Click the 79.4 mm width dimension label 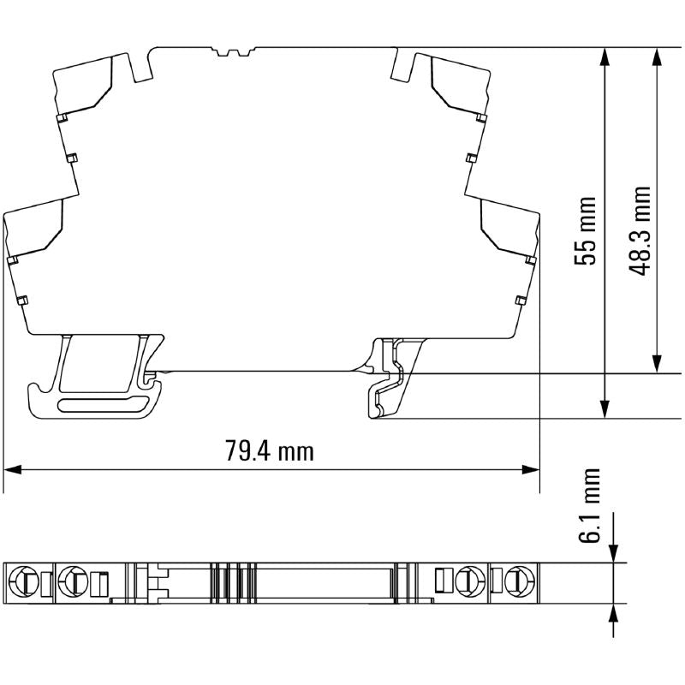coord(270,450)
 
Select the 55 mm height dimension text coord(586,231)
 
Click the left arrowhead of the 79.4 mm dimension coord(12,469)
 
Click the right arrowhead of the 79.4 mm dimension coord(532,469)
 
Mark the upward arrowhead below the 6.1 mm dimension coord(617,611)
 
